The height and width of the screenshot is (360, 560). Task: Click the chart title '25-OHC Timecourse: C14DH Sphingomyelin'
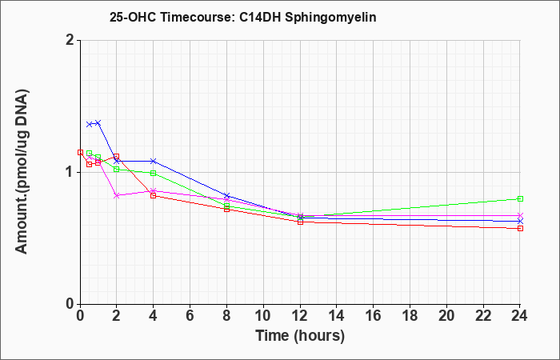click(243, 17)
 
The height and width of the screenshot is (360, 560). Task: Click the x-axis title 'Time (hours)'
click(300, 336)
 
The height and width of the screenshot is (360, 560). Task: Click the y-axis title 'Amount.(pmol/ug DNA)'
click(22, 171)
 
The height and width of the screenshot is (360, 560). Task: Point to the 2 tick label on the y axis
click(70, 40)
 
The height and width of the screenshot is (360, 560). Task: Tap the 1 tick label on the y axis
click(70, 173)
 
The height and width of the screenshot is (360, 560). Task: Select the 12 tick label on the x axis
click(300, 316)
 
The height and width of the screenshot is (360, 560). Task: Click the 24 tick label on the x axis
click(520, 316)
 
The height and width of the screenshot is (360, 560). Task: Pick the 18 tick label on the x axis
click(410, 316)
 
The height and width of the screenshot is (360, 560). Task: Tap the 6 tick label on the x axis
click(190, 316)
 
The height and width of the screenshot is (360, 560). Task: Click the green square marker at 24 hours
click(520, 199)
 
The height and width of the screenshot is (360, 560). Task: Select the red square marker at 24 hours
click(520, 228)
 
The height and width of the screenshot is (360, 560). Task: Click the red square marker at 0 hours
click(80, 153)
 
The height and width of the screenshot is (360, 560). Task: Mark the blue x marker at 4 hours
click(154, 161)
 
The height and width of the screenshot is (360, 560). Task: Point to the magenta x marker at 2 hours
click(117, 195)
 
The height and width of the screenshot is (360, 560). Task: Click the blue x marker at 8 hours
click(226, 196)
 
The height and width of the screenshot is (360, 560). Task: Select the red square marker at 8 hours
click(226, 209)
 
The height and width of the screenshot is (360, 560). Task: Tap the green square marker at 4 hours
click(154, 174)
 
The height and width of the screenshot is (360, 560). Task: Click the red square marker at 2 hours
click(117, 157)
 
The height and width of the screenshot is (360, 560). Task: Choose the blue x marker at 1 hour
click(98, 123)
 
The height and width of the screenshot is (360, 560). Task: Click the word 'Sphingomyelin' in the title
click(330, 18)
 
